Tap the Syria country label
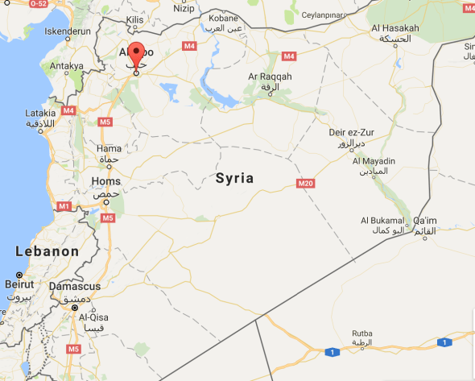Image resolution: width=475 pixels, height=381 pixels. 235,179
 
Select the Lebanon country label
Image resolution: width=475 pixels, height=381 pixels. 47,251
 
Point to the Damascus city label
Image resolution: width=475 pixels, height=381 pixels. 75,286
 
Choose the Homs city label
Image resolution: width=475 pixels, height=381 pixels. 106,181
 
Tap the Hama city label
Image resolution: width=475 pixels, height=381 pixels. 109,148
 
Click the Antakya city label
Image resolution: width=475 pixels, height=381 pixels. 65,66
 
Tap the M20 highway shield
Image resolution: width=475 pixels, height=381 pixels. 304,184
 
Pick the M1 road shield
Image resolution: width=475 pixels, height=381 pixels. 64,207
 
